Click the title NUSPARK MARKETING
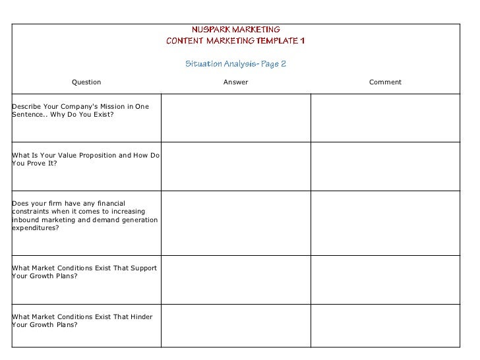tap(235, 30)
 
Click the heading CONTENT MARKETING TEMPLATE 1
tap(235, 42)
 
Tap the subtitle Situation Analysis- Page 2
tap(235, 65)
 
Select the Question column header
tap(86, 82)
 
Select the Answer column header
tap(235, 82)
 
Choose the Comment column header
tap(385, 82)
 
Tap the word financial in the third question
tap(109, 203)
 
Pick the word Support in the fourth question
tap(144, 268)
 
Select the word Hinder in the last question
tap(142, 316)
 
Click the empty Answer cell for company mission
tap(235, 118)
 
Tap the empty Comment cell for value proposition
tap(385, 166)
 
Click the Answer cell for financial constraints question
tap(235, 223)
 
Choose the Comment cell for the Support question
tap(385, 280)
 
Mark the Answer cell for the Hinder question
tap(235, 325)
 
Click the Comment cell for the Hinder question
tap(385, 325)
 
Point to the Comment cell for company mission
tap(385, 118)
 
